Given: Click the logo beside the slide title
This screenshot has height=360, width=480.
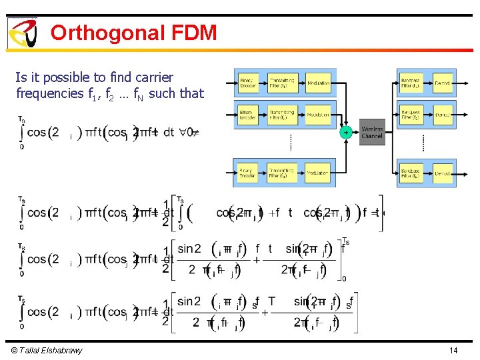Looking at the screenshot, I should [22, 33].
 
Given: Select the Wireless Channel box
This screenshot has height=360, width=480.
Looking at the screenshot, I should [372, 132].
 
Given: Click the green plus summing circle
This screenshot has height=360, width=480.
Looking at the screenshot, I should [346, 132].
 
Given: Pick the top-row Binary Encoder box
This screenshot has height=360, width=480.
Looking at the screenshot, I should [248, 83].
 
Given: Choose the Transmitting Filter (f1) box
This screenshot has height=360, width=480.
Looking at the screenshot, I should [282, 83].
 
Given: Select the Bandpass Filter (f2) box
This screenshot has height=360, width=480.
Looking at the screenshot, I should [410, 115].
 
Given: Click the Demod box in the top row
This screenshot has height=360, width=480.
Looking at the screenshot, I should [442, 83].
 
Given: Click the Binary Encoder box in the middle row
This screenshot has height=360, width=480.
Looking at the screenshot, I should [248, 115].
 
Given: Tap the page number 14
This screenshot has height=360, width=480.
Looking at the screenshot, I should [453, 351].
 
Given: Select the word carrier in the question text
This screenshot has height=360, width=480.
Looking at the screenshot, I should [153, 77].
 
